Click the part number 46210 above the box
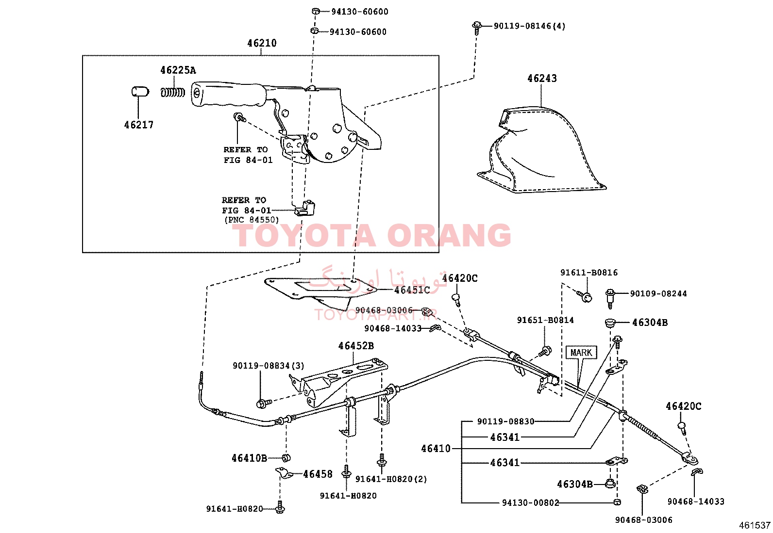(x=262, y=43)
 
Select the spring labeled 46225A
(x=172, y=93)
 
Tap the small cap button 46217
(x=140, y=92)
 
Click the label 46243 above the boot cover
(x=542, y=78)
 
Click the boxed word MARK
(x=581, y=353)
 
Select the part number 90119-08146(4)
(x=529, y=26)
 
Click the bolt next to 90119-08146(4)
(x=476, y=28)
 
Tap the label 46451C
(x=412, y=291)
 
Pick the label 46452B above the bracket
(x=356, y=346)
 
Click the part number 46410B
(x=249, y=458)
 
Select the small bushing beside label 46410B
(x=286, y=458)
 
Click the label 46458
(x=318, y=474)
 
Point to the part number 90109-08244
(x=658, y=294)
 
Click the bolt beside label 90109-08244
(x=610, y=299)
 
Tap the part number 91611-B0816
(x=588, y=273)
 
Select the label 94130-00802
(x=530, y=502)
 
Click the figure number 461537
(x=755, y=525)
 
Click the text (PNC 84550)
(x=252, y=220)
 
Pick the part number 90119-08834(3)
(x=268, y=366)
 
